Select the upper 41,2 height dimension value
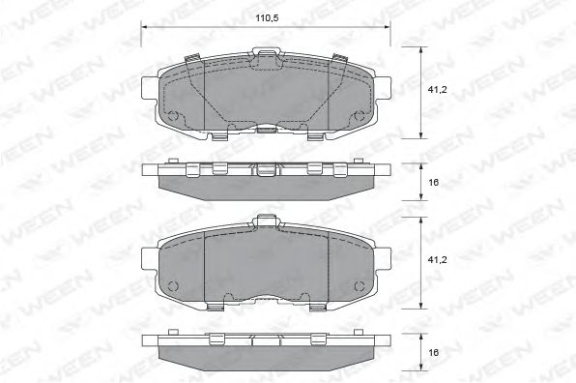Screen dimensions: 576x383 [437, 90]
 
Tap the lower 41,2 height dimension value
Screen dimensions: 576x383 [437, 260]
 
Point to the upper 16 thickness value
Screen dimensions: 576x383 [434, 182]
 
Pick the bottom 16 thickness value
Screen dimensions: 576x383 [434, 352]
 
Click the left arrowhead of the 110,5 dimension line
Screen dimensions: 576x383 [144, 27]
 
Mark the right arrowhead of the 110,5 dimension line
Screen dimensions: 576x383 [387, 27]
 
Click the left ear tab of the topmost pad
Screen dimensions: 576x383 [150, 88]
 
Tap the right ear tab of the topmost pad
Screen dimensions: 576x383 [383, 88]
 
